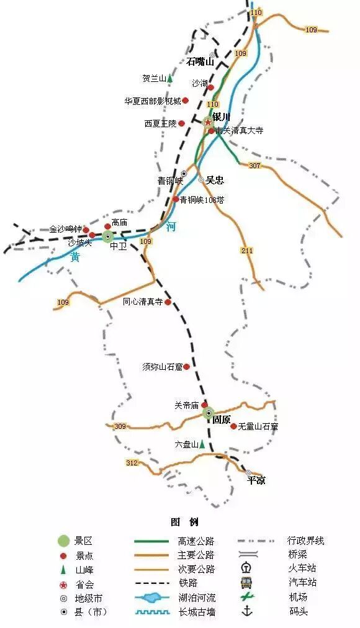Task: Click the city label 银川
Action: tap(221, 117)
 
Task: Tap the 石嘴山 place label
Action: tap(200, 61)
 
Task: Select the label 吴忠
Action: tap(215, 180)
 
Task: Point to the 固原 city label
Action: tap(222, 419)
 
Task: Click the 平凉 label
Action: tap(256, 480)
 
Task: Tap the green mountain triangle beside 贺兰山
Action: tap(169, 79)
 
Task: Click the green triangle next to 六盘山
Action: tap(202, 444)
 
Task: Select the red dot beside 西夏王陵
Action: tap(182, 123)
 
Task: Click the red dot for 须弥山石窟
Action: tap(186, 367)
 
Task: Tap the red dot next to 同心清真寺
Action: tap(168, 302)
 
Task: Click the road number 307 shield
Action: tap(254, 166)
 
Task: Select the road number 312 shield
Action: tap(132, 463)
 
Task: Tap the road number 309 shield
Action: tap(120, 426)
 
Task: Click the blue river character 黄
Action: tap(75, 257)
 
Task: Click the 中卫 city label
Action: tap(118, 246)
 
